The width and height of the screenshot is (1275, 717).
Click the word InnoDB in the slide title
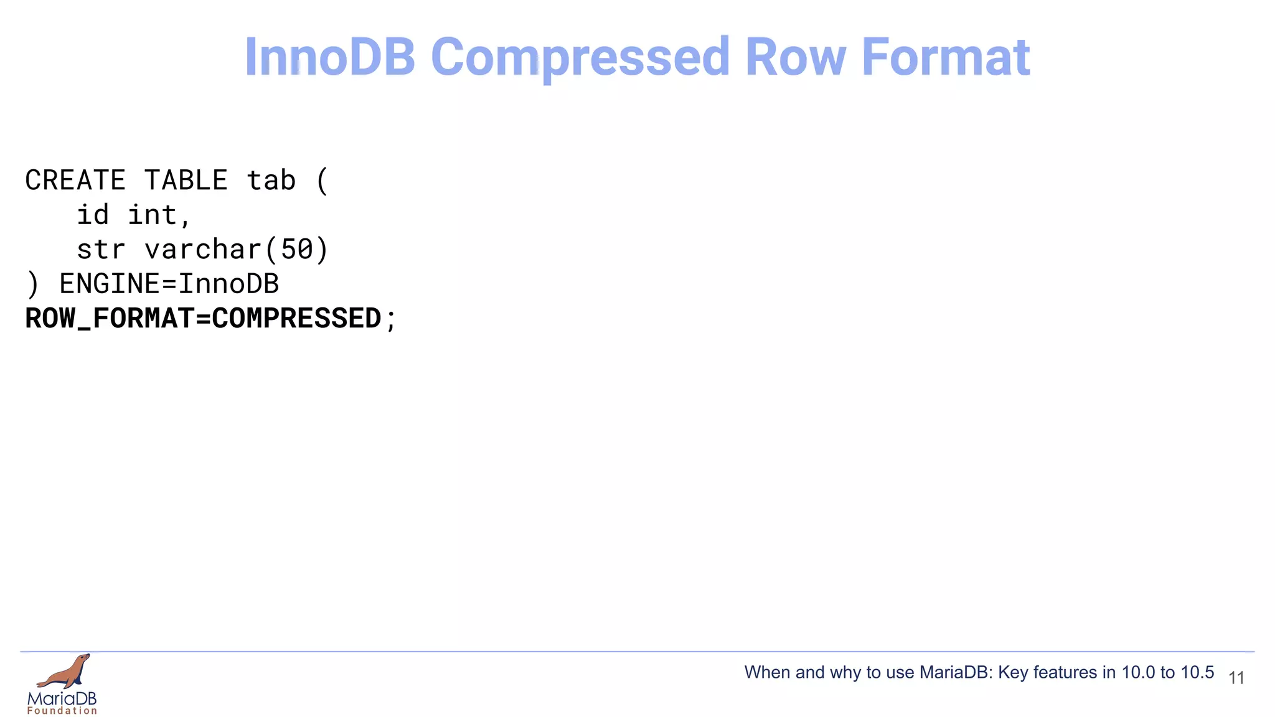pyautogui.click(x=330, y=57)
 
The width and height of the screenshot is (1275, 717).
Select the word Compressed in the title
pyautogui.click(x=580, y=57)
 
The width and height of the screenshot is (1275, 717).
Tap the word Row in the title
pyautogui.click(x=796, y=57)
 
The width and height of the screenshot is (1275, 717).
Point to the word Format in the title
pyautogui.click(x=946, y=57)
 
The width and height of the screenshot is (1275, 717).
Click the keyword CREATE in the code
pyautogui.click(x=75, y=180)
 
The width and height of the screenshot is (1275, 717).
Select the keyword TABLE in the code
pyautogui.click(x=186, y=180)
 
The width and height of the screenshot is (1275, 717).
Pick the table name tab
pyautogui.click(x=271, y=180)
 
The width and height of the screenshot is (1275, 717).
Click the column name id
pyautogui.click(x=93, y=215)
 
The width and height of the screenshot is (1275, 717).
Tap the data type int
pyautogui.click(x=153, y=215)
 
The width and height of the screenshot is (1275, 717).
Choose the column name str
pyautogui.click(x=101, y=250)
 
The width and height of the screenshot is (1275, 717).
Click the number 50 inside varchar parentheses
pyautogui.click(x=297, y=250)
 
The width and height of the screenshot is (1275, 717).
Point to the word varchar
pyautogui.click(x=203, y=250)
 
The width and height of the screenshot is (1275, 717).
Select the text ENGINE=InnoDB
pyautogui.click(x=169, y=284)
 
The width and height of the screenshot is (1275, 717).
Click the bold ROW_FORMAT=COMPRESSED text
pyautogui.click(x=203, y=319)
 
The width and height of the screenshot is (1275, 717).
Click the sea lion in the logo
pyautogui.click(x=65, y=672)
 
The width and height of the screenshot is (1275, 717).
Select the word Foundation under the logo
pyautogui.click(x=62, y=711)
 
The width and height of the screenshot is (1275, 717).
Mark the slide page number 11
pyautogui.click(x=1236, y=678)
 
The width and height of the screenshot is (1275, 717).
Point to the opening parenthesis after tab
pyautogui.click(x=322, y=180)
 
